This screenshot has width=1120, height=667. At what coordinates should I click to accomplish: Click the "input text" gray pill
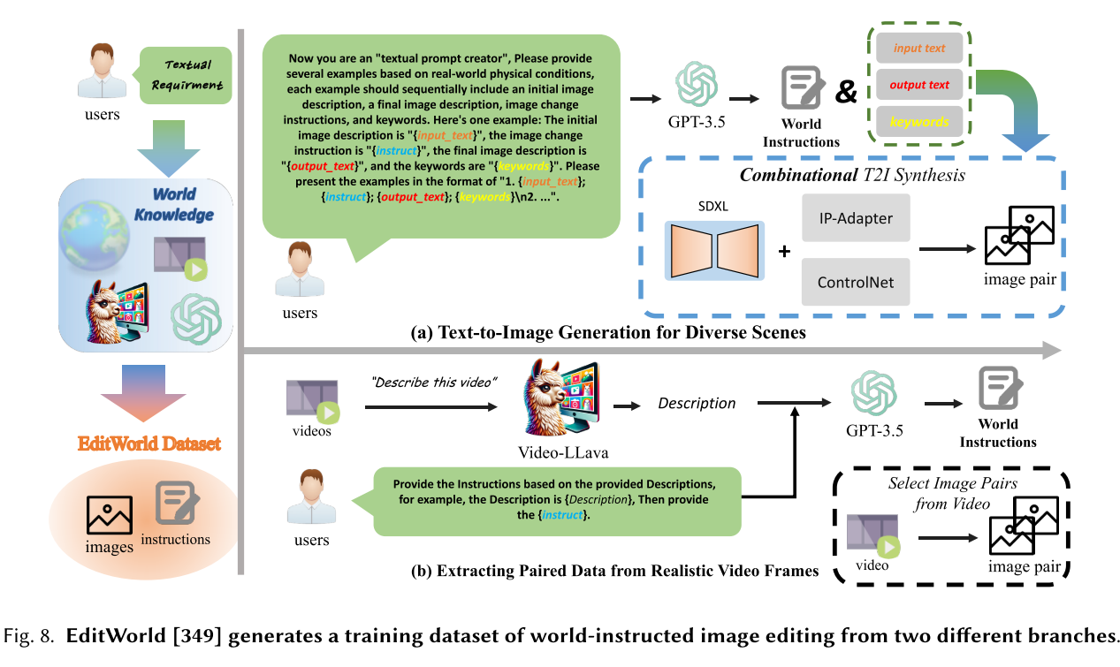pyautogui.click(x=919, y=49)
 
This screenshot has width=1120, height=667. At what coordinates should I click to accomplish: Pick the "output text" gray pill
pyautogui.click(x=919, y=86)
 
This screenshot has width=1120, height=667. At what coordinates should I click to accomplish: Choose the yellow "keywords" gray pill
pyautogui.click(x=919, y=122)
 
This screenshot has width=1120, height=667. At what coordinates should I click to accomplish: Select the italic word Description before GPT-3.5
pyautogui.click(x=697, y=403)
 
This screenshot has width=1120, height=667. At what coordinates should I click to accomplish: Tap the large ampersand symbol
pyautogui.click(x=846, y=91)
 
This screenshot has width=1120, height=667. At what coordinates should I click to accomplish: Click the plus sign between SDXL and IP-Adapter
pyautogui.click(x=783, y=250)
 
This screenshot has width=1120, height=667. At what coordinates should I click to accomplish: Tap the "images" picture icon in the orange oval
pyautogui.click(x=110, y=515)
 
